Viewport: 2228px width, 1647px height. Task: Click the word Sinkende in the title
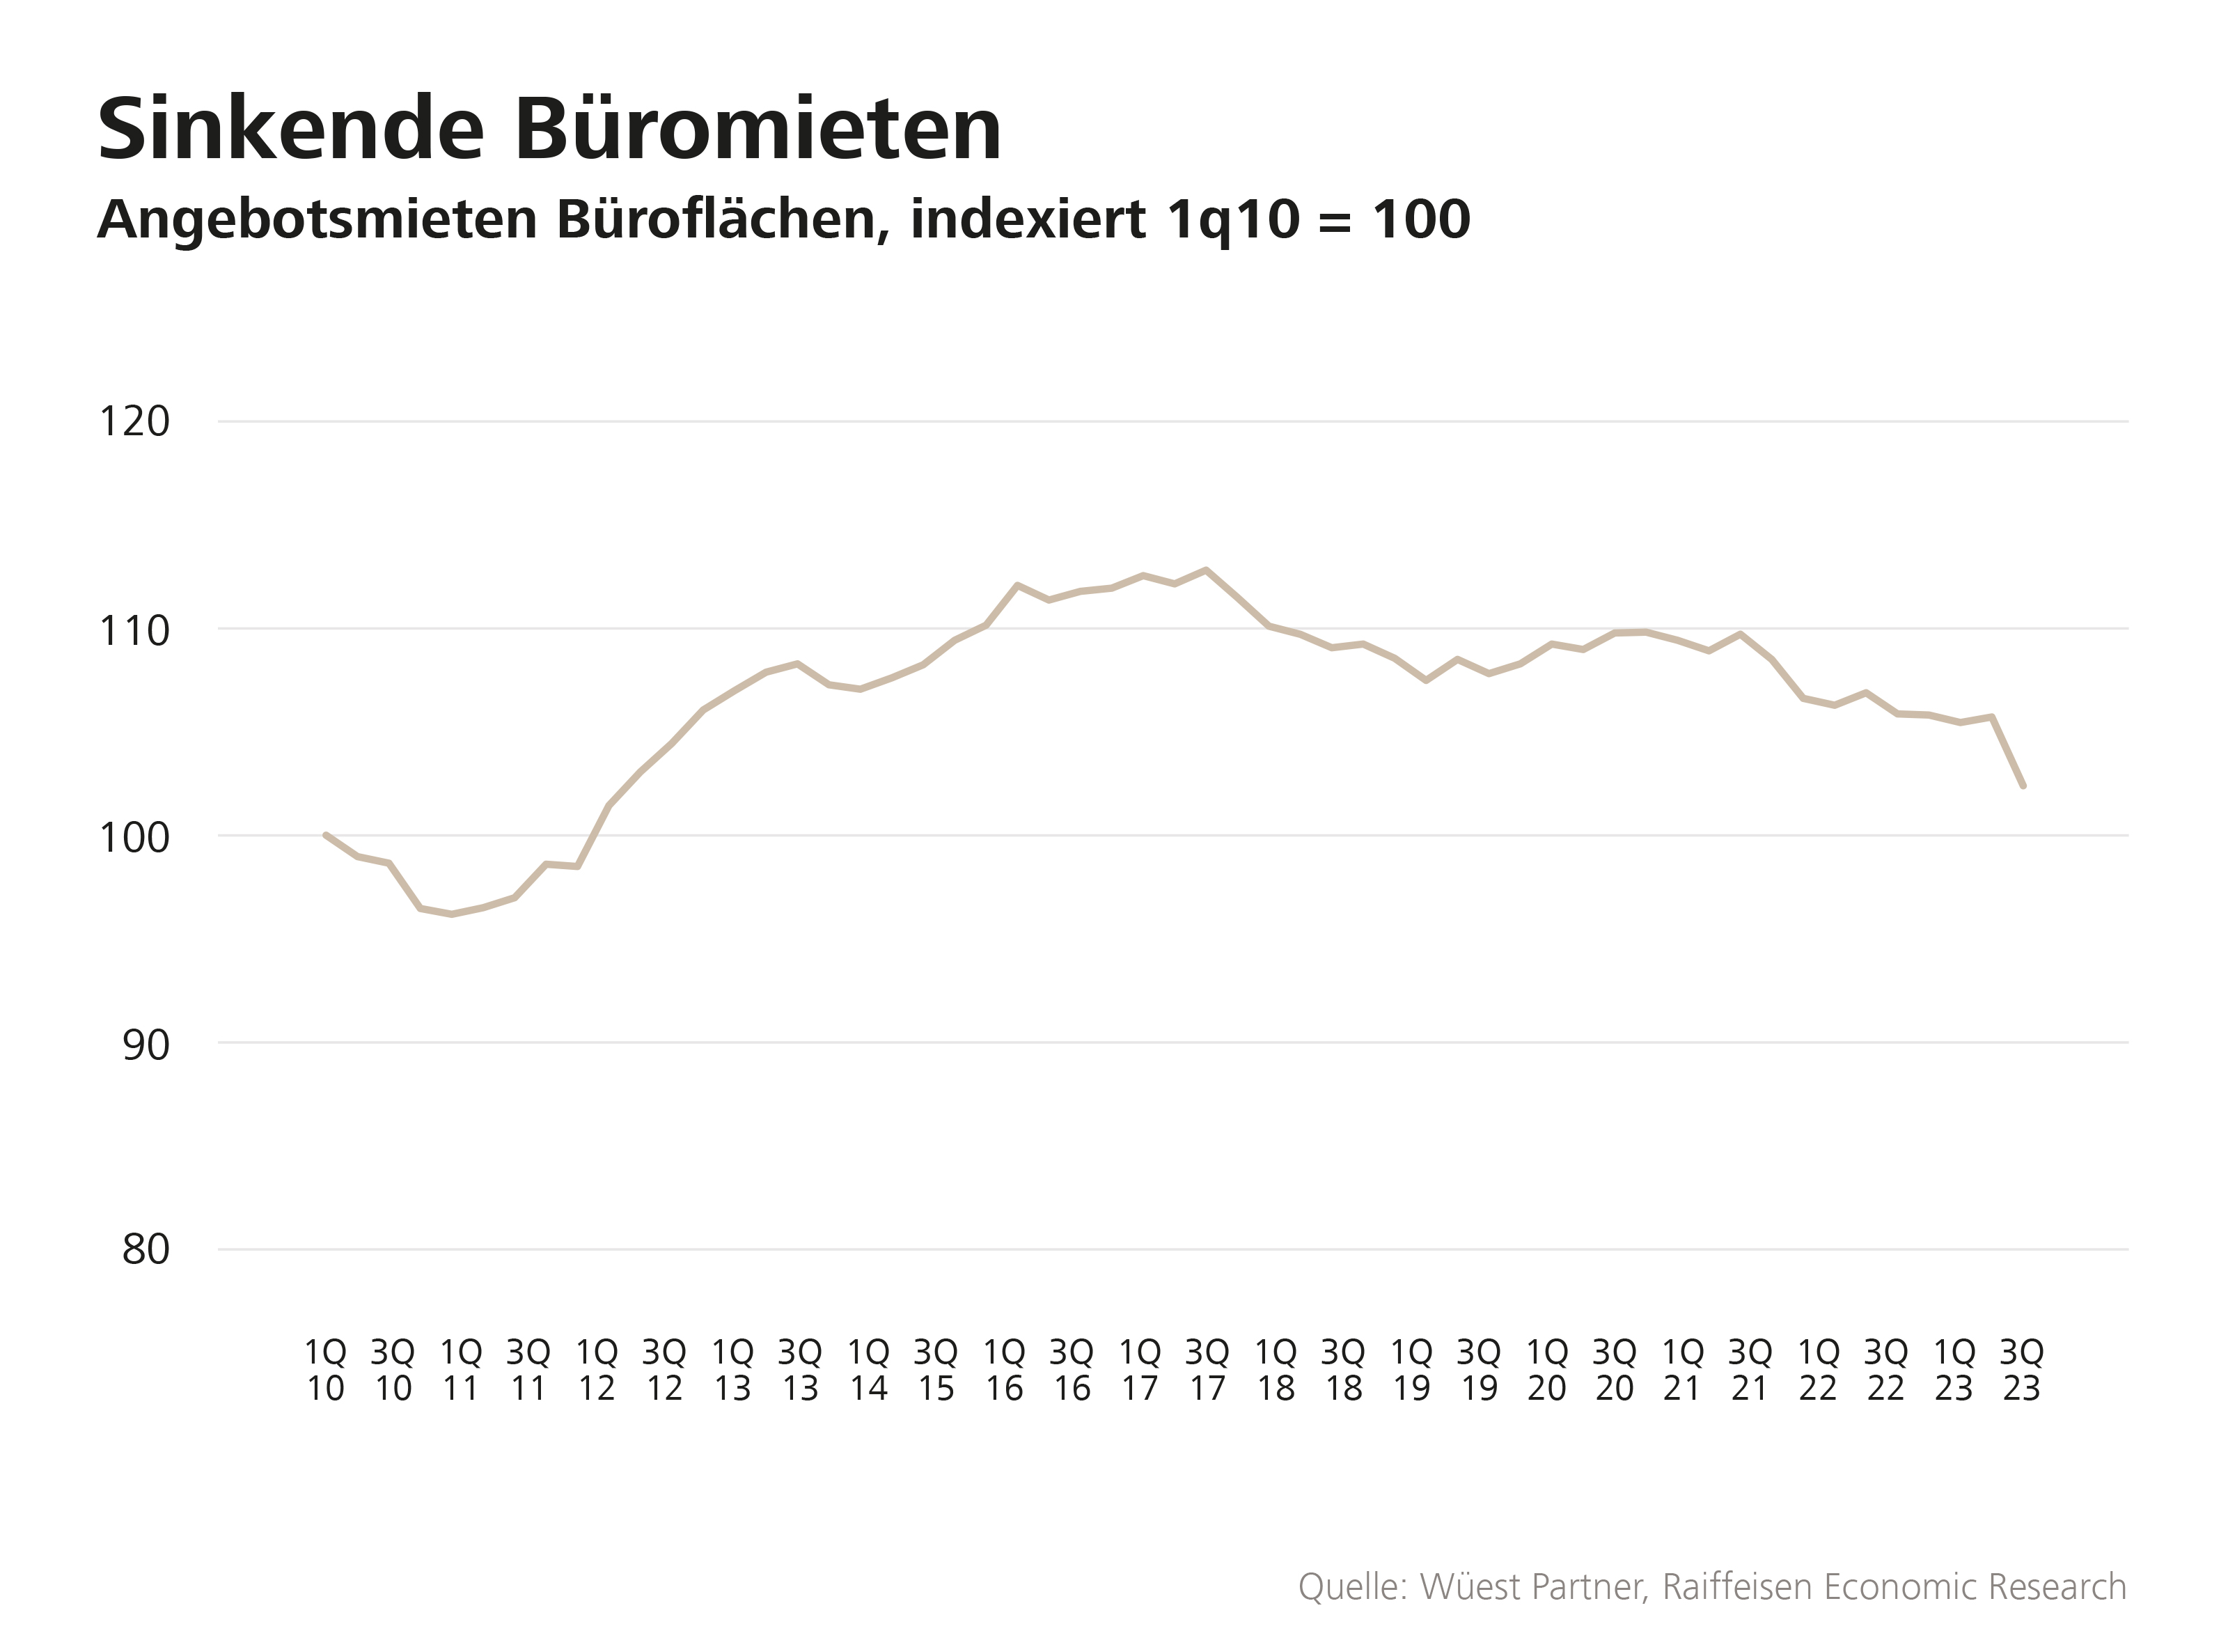[x=291, y=130]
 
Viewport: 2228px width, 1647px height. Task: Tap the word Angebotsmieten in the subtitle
[x=317, y=220]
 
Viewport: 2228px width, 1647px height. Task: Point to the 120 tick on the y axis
[x=134, y=422]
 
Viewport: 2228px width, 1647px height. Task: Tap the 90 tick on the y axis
[x=146, y=1044]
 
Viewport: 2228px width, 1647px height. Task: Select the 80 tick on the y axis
[x=146, y=1249]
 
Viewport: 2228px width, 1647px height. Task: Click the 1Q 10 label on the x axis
[x=325, y=1371]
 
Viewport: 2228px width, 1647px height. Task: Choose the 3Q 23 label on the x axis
[x=2022, y=1371]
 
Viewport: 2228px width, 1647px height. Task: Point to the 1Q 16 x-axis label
[x=1004, y=1371]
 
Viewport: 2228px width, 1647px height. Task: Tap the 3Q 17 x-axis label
[x=1207, y=1371]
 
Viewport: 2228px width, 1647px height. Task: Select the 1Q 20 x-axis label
[x=1547, y=1371]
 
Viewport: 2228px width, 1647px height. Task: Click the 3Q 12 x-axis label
[x=664, y=1371]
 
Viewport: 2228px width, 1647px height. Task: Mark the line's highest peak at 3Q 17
[x=1206, y=570]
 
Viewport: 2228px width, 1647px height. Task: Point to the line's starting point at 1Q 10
[x=326, y=834]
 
